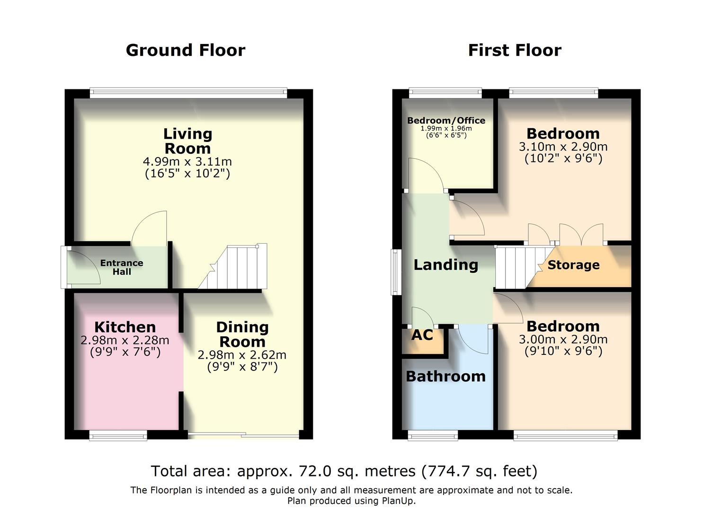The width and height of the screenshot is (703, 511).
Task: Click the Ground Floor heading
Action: click(186, 50)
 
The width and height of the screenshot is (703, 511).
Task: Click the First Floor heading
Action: click(515, 50)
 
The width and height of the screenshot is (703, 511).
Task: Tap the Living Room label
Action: click(187, 141)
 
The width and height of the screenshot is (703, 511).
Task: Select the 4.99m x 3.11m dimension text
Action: click(187, 162)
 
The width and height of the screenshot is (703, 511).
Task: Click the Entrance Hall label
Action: click(122, 267)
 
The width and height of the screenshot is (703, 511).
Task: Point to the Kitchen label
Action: click(125, 327)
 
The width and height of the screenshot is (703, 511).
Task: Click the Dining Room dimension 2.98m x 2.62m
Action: click(242, 355)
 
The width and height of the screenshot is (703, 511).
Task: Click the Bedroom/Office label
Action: click(446, 121)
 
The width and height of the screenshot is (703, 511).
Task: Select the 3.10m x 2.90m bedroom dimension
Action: click(563, 147)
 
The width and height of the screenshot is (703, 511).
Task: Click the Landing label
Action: click(445, 265)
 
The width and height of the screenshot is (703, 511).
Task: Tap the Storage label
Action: click(573, 265)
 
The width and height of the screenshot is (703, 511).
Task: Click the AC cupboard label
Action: click(422, 335)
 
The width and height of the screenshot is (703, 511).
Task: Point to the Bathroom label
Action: click(445, 377)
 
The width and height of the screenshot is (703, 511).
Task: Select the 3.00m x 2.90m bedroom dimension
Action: click(563, 339)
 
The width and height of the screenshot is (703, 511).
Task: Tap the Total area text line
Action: click(344, 471)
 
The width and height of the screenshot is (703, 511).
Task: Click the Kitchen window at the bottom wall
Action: click(118, 436)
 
